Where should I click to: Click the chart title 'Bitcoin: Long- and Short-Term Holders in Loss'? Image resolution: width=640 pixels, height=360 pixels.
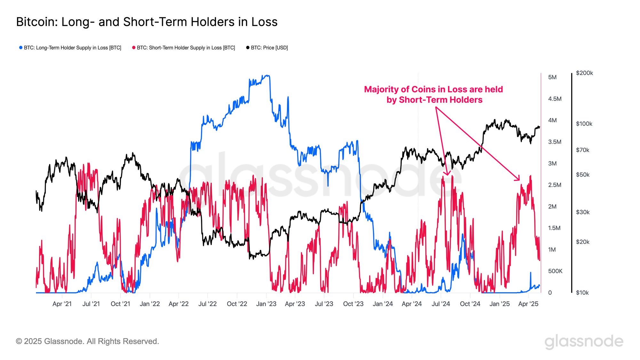click(147, 22)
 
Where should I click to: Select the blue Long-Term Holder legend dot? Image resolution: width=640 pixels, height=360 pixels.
click(21, 48)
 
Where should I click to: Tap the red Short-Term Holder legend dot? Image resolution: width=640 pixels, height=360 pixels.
click(134, 48)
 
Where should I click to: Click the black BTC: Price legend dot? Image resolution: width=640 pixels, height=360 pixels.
click(248, 48)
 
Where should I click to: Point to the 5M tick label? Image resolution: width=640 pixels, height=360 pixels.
click(552, 77)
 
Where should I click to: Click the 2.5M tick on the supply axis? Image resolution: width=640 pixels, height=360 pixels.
click(555, 185)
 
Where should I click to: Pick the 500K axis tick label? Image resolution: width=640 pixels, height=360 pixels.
click(555, 271)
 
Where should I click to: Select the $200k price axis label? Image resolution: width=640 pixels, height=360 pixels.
click(584, 73)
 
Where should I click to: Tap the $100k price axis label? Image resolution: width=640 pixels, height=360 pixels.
click(584, 124)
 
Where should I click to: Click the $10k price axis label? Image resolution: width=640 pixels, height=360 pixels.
click(582, 292)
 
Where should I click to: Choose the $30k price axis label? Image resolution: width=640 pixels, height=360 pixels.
click(582, 212)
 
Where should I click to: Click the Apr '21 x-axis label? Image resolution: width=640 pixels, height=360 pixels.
click(62, 304)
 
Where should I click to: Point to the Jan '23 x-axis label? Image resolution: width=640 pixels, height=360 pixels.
click(266, 304)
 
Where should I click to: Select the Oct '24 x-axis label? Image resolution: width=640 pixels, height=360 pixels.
click(470, 304)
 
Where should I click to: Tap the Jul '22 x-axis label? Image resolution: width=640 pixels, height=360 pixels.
click(207, 304)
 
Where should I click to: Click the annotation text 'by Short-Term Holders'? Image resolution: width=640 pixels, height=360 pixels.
click(434, 100)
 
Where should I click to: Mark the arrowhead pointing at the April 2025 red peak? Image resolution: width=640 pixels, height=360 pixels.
click(518, 179)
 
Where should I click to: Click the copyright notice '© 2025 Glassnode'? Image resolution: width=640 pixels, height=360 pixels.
click(87, 341)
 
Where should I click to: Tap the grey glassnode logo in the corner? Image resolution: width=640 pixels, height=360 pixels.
click(584, 341)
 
